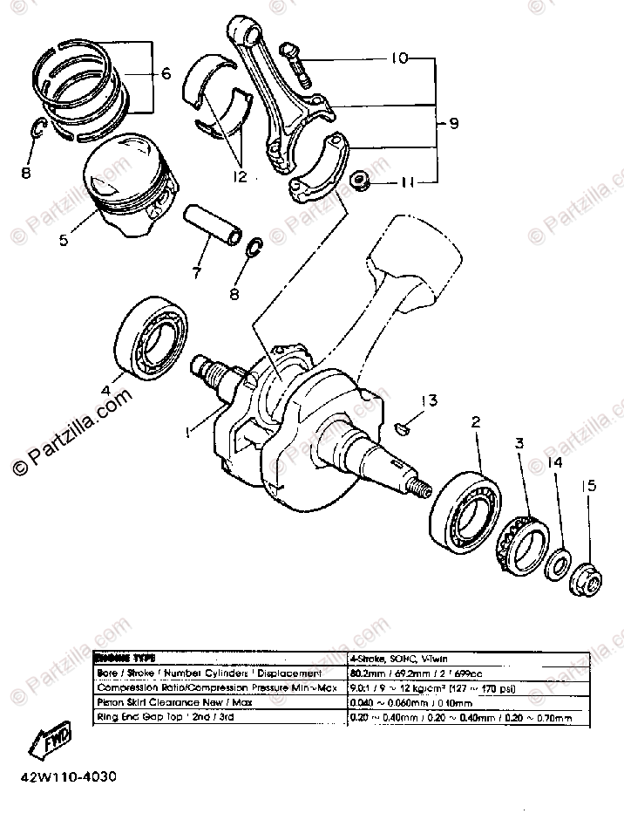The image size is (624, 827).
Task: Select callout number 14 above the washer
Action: tap(555, 463)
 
